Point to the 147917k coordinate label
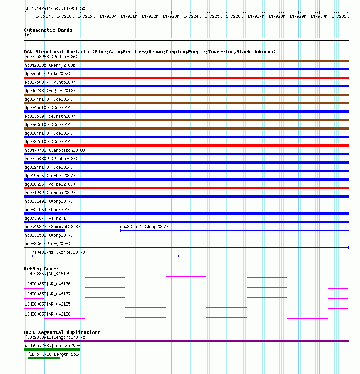tap(44, 17)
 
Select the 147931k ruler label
tap(340, 17)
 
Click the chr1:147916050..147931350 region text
tap(55, 8)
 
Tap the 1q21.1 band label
tap(32, 35)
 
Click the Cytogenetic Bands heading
tap(48, 30)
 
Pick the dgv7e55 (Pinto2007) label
tap(47, 74)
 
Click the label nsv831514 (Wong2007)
tap(144, 227)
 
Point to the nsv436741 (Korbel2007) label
tap(58, 252)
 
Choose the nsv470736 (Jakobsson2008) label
tap(55, 150)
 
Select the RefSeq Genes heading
tap(41, 269)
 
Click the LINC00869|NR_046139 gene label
tap(47, 274)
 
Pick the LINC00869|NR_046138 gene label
tap(47, 314)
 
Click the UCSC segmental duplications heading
tap(62, 332)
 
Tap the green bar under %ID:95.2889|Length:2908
tap(52, 350)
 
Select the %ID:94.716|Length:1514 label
tap(54, 354)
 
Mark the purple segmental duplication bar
tap(186, 341)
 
